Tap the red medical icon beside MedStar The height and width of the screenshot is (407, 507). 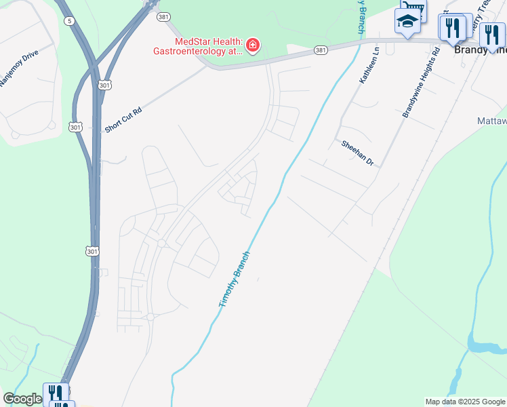[253, 45]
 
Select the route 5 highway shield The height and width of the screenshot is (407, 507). [70, 21]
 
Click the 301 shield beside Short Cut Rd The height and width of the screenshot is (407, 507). [75, 127]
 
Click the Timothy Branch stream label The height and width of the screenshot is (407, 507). [235, 279]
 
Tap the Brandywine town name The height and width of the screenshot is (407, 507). [481, 50]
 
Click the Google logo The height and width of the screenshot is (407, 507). [22, 399]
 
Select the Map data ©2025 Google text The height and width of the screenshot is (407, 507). [465, 402]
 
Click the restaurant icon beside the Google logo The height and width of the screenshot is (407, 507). [55, 394]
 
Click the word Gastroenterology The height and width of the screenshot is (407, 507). [199, 51]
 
